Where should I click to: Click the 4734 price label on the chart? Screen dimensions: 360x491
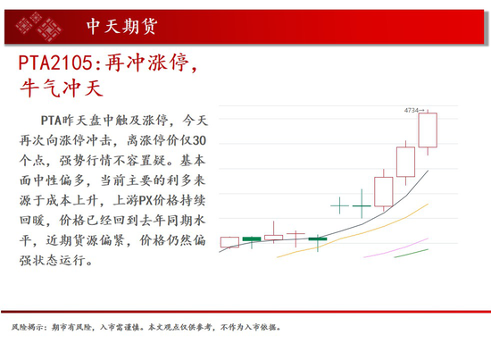pos(412,109)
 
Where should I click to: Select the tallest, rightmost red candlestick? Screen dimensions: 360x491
pos(429,130)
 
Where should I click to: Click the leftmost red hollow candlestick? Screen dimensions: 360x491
pos(229,241)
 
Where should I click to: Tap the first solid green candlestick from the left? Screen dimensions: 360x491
pos(252,239)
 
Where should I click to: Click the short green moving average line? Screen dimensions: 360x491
pos(412,254)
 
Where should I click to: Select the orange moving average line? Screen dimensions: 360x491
pos(357,230)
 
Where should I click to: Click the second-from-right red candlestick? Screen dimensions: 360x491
pos(406,162)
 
